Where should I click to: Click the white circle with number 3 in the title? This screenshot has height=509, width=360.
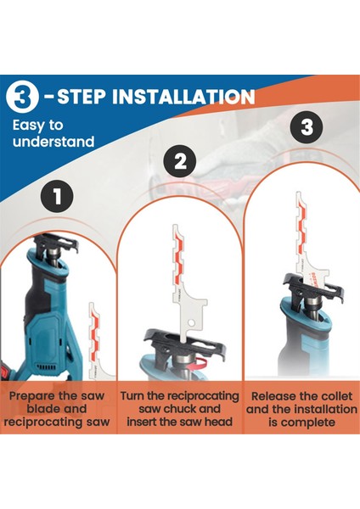pyautogui.click(x=22, y=97)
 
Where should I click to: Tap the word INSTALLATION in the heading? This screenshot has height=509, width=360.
pyautogui.click(x=183, y=97)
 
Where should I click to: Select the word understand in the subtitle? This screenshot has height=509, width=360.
pyautogui.click(x=53, y=142)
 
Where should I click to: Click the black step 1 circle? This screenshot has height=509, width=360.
pyautogui.click(x=57, y=197)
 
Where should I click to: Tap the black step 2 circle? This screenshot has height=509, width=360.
pyautogui.click(x=181, y=161)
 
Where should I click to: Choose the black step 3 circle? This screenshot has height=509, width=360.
pyautogui.click(x=307, y=126)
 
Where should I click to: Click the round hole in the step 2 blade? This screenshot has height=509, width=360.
pyautogui.click(x=191, y=322)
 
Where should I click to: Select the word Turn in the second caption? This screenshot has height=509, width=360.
pyautogui.click(x=132, y=396)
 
